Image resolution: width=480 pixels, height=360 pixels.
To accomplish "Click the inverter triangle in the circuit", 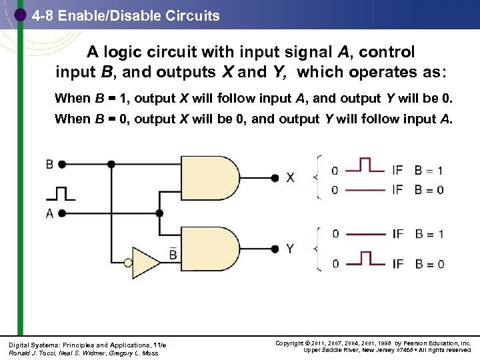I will [x=145, y=261].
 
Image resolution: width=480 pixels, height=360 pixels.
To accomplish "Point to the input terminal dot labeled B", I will [x=61, y=164].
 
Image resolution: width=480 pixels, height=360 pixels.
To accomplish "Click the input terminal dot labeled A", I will [x=61, y=213].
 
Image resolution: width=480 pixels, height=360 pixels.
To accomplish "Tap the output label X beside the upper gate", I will [x=290, y=177].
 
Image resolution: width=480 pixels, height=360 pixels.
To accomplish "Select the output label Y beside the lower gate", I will [x=290, y=249].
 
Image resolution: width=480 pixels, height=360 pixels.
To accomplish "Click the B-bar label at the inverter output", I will [x=173, y=254].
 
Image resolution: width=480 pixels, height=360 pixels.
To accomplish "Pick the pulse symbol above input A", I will [x=61, y=193].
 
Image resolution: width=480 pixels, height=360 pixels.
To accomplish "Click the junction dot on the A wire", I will [x=159, y=213].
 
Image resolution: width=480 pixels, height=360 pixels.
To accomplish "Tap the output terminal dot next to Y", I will [x=274, y=249].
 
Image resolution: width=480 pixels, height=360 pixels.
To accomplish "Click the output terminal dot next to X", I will [x=274, y=177].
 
